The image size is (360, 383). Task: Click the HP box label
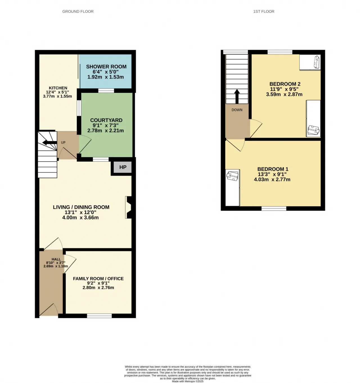123,167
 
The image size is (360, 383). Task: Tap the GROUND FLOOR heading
78,12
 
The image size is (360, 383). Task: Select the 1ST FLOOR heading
264,12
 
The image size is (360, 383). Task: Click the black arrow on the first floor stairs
237,96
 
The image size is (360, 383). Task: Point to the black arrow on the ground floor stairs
49,143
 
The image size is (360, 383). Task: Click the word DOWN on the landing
237,110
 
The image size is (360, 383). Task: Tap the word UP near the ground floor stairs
63,143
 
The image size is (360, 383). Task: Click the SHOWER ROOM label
106,67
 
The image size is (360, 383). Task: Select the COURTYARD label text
106,120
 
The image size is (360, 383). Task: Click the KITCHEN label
58,88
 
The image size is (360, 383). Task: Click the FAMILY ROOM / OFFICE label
98,278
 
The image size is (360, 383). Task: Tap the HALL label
56,259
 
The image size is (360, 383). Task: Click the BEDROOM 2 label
285,84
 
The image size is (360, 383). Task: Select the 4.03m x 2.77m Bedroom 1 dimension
272,179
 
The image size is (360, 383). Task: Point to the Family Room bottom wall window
99,316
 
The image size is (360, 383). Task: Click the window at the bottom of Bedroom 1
274,208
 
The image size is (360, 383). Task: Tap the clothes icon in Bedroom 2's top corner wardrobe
317,62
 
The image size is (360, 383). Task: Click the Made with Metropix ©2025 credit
188,381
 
